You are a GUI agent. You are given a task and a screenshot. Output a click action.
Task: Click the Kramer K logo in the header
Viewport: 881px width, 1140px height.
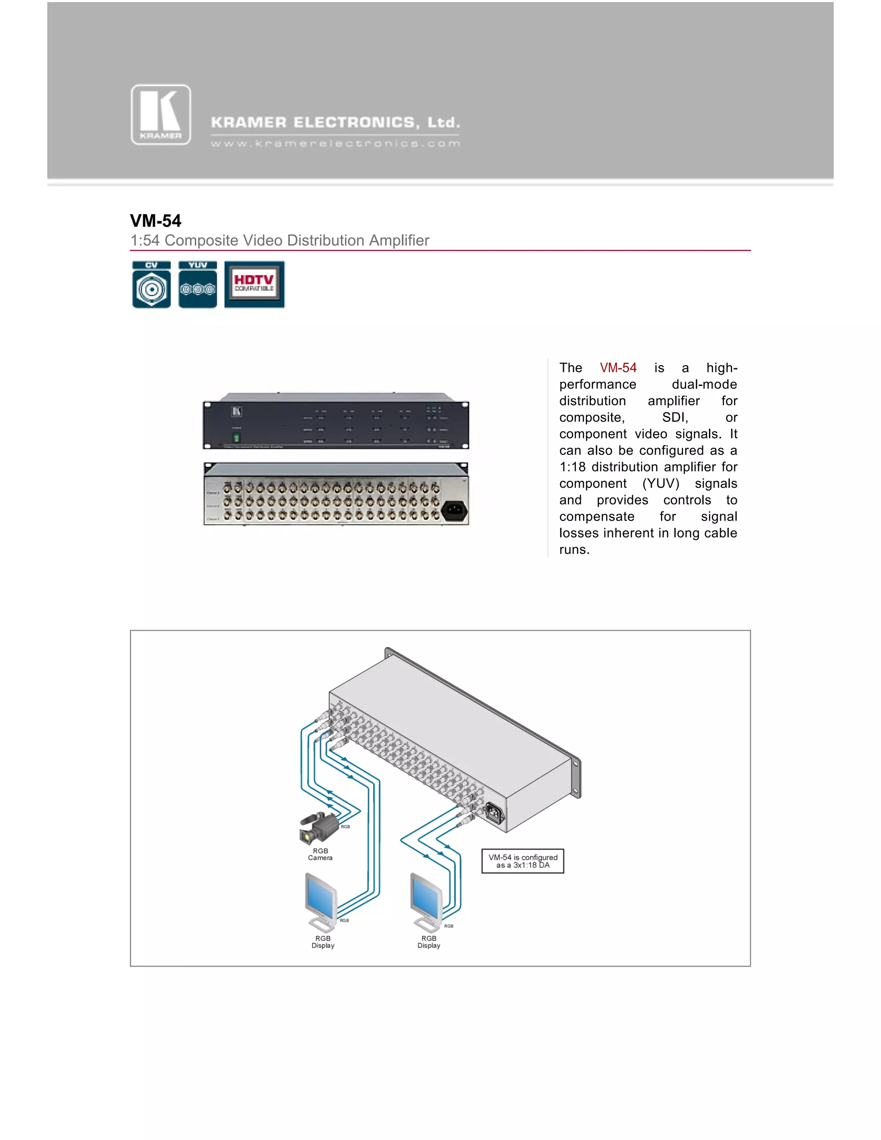tap(161, 115)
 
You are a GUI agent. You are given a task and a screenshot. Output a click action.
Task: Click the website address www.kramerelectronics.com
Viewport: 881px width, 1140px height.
tap(335, 144)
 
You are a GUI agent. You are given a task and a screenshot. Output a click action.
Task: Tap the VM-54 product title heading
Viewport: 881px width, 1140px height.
tap(156, 221)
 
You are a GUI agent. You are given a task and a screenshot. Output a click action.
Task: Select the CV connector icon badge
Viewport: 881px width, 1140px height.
tap(151, 284)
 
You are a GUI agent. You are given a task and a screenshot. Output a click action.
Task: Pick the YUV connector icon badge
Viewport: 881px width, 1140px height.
tap(197, 284)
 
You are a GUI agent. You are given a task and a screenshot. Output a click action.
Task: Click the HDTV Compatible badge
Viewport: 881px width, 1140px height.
tap(254, 284)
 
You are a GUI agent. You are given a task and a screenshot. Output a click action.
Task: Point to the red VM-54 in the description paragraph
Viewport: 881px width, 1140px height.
tap(618, 368)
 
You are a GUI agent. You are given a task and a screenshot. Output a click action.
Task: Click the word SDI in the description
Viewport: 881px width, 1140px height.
tap(675, 418)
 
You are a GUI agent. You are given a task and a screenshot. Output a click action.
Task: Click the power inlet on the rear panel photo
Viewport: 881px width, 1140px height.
tap(454, 511)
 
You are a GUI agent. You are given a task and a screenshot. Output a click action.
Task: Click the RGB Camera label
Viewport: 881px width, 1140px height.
tap(320, 854)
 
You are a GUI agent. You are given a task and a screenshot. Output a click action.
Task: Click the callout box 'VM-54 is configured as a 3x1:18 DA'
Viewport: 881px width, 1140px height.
tap(522, 861)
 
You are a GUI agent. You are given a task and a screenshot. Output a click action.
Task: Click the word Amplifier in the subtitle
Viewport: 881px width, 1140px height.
tap(399, 240)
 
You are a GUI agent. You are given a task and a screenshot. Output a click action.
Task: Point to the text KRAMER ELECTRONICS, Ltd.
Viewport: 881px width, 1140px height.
tap(335, 123)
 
